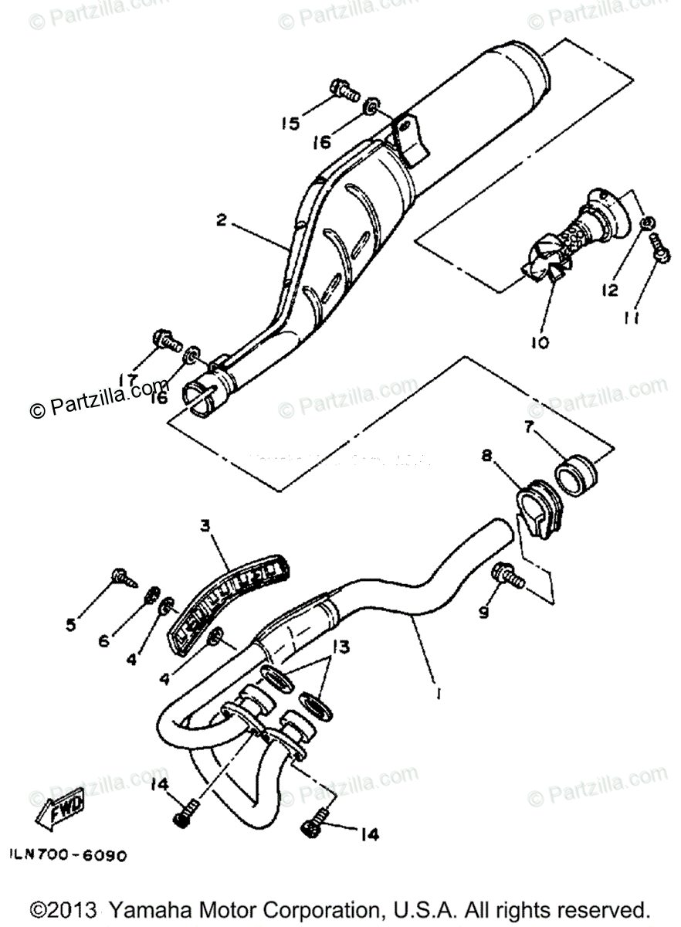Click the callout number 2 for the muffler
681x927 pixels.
[x=222, y=221]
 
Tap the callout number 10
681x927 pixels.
[x=539, y=341]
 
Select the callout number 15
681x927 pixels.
[x=290, y=124]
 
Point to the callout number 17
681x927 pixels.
[x=129, y=379]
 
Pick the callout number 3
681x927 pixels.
[x=205, y=526]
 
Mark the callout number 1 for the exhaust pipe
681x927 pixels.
[x=438, y=694]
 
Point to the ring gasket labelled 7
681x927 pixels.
[x=576, y=470]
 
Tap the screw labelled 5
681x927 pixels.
[x=124, y=576]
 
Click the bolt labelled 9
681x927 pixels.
[x=507, y=576]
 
